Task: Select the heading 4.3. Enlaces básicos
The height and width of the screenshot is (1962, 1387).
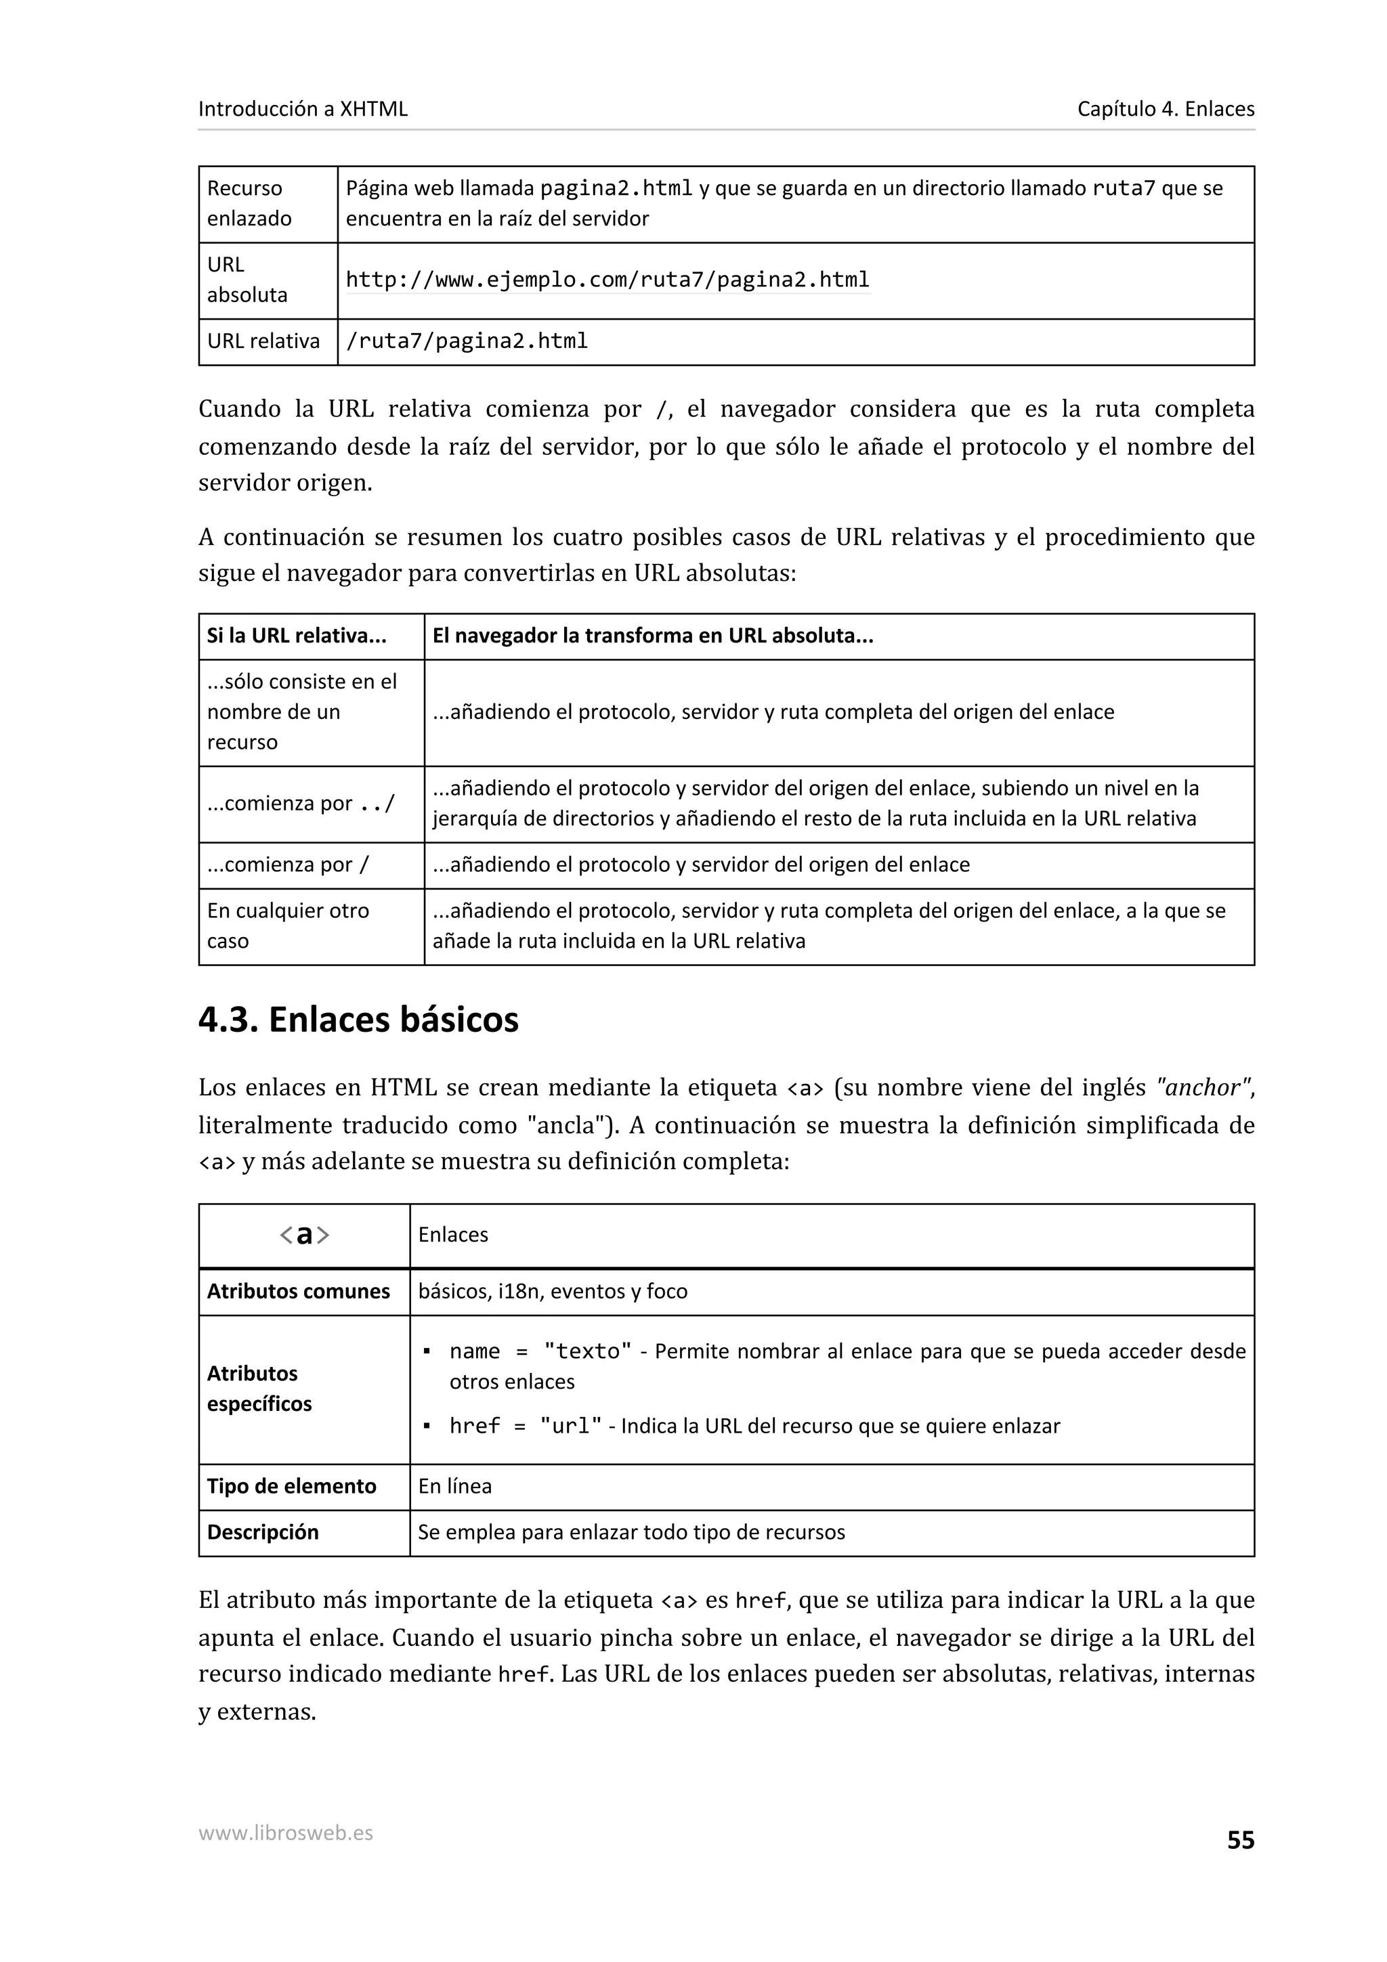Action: click(x=358, y=1020)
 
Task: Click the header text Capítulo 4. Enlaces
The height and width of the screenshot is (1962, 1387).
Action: click(x=1165, y=108)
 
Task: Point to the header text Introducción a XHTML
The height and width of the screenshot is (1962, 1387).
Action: click(x=303, y=108)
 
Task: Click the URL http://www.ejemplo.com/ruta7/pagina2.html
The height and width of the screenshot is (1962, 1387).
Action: click(x=607, y=280)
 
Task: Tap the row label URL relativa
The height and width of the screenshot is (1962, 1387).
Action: click(x=263, y=341)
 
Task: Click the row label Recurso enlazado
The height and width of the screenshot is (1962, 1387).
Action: click(x=249, y=203)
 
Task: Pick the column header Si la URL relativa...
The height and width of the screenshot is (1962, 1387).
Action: click(x=297, y=636)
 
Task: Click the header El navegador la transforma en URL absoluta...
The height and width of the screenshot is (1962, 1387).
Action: click(x=652, y=636)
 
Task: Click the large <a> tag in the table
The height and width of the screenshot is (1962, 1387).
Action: click(x=304, y=1235)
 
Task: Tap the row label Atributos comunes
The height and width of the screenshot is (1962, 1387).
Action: click(x=297, y=1291)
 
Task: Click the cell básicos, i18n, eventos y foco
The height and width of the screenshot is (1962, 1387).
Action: click(x=552, y=1291)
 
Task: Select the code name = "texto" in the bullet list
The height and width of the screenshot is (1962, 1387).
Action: click(x=540, y=1351)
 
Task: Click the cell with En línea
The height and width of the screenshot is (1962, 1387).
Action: click(x=454, y=1486)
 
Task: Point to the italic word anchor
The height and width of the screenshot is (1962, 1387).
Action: click(x=1201, y=1088)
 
